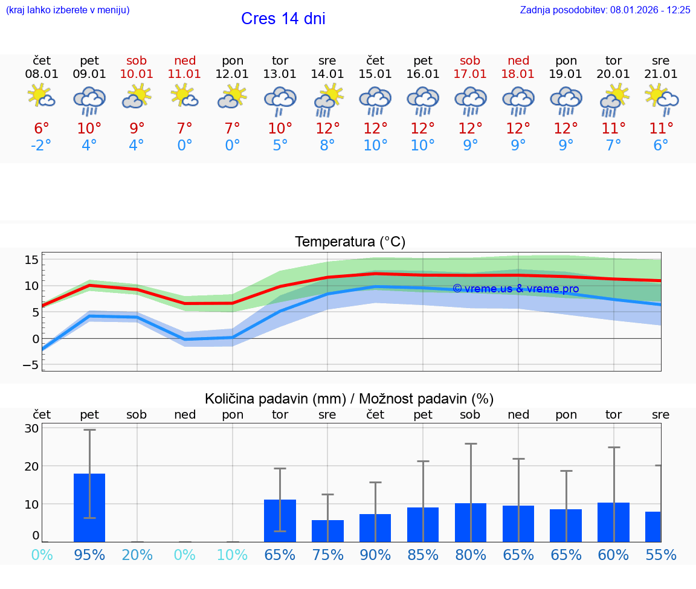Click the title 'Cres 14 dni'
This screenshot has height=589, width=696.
pos(283,19)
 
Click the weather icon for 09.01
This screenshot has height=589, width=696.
pos(89,101)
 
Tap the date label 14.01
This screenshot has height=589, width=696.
pos(327,74)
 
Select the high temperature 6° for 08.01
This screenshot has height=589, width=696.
pos(42,128)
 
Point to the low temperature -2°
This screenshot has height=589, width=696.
pos(42,146)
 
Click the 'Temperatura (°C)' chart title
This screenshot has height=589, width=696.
pos(350,242)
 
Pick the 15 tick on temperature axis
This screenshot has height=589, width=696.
pos(31,260)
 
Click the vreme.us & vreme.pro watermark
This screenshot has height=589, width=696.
pos(515,289)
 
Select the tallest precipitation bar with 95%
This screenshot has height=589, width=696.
pos(89,507)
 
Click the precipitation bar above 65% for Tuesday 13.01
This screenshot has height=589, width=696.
pos(280,520)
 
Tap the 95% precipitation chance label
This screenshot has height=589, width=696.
pos(89,555)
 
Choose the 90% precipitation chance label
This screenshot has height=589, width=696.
pos(375,555)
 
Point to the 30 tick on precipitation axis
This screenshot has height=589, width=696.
pos(31,428)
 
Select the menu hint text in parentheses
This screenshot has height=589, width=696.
pos(67,10)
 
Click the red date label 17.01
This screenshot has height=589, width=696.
pos(470,74)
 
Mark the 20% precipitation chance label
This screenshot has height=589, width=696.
pos(137,555)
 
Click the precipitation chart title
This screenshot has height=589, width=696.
pos(349,399)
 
